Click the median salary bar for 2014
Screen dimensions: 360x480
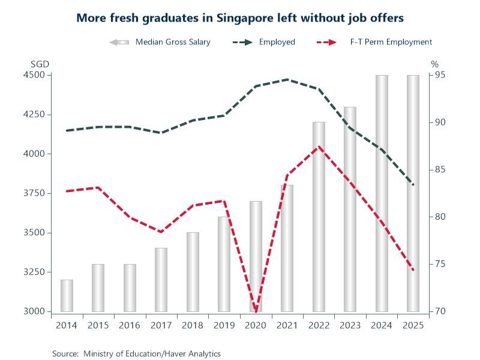click(x=66, y=295)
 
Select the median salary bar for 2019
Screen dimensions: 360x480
click(x=224, y=264)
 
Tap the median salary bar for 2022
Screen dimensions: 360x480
click(x=319, y=217)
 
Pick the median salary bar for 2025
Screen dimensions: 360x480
click(x=413, y=193)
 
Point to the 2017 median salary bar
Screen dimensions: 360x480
click(x=161, y=280)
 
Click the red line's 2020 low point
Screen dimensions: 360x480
click(x=256, y=311)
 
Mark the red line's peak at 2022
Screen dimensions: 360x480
click(x=319, y=146)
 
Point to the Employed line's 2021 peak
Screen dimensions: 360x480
click(x=287, y=79)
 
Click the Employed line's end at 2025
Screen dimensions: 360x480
click(x=413, y=185)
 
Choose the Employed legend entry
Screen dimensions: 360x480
click(x=277, y=42)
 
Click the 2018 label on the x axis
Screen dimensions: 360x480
click(x=193, y=325)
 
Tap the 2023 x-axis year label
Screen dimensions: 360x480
click(x=350, y=325)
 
